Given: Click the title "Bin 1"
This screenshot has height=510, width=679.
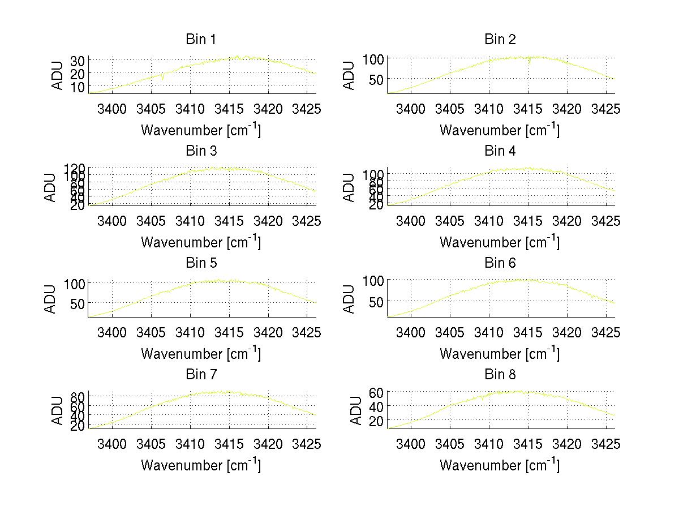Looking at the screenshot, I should pos(201,40).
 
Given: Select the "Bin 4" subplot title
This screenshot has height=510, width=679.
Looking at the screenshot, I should pos(500,151).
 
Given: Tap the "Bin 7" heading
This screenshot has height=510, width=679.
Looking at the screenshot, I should pos(201,375).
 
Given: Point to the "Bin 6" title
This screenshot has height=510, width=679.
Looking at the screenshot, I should pos(500,263).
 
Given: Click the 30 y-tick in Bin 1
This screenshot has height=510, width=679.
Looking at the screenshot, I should pos(78,61).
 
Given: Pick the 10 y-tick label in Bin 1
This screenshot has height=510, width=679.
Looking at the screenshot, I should pos(78,87).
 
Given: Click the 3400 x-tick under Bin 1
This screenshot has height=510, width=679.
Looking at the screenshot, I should pos(112,109).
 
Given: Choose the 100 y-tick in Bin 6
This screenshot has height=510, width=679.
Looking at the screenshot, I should pos(373,281).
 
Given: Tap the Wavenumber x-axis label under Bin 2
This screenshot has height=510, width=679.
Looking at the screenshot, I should pos(500,130).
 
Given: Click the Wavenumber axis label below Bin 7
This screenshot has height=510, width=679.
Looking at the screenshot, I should pos(201,465).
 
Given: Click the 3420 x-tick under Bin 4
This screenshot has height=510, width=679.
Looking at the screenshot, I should pos(567,220).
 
